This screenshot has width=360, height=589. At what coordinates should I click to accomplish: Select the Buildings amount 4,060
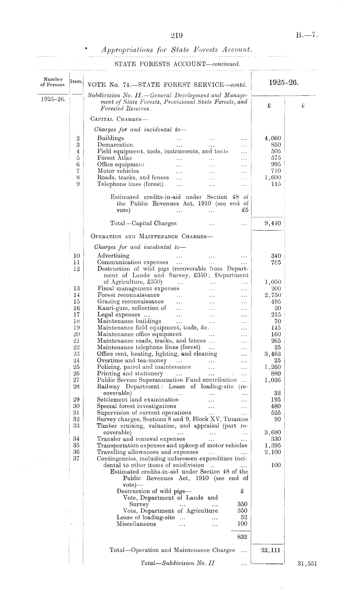[273, 138]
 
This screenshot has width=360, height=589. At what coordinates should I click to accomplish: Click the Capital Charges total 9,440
[273, 223]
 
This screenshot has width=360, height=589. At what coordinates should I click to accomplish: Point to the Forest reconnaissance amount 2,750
[273, 295]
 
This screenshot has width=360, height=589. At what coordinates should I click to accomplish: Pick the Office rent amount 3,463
[273, 354]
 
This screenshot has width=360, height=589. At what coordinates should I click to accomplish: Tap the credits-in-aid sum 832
[242, 537]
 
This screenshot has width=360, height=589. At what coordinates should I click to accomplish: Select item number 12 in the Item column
[77, 269]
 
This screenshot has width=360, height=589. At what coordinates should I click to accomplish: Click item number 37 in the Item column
[77, 458]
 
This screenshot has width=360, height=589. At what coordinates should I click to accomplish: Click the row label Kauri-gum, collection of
[132, 308]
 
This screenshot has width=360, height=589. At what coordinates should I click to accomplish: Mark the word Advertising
[113, 256]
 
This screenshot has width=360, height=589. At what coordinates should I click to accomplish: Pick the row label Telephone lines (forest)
[130, 184]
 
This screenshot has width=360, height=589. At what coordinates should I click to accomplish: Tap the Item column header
[77, 82]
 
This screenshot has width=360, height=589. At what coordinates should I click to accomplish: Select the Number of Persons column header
[54, 82]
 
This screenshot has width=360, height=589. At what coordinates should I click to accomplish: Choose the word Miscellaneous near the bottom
[136, 524]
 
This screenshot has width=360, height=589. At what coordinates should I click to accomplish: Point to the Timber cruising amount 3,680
[273, 433]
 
